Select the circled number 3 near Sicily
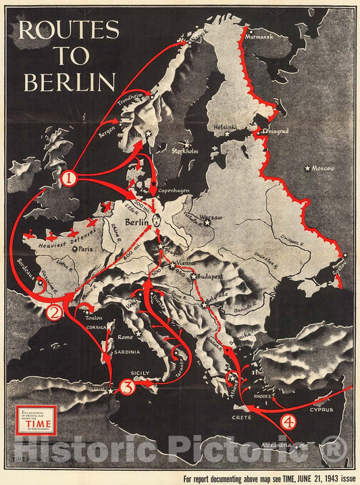[128, 388]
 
